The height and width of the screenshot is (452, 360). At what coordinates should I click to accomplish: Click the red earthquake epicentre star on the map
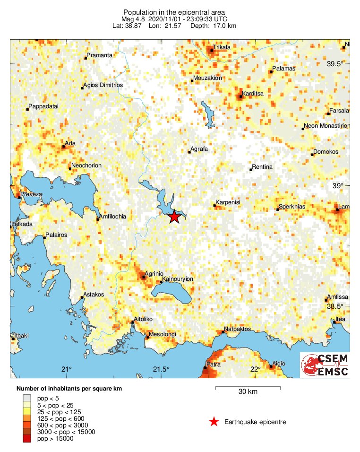(174, 217)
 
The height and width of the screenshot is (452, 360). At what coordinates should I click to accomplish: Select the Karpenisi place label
(228, 202)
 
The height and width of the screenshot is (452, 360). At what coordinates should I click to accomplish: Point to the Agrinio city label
(154, 273)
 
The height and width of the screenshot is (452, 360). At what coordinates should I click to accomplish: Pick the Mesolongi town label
(162, 334)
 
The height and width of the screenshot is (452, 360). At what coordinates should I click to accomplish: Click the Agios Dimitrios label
(103, 86)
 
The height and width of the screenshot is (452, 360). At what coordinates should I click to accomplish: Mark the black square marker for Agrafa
(189, 152)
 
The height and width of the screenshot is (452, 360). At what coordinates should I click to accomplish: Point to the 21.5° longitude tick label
(161, 369)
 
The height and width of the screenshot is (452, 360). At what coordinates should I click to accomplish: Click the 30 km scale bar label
(248, 392)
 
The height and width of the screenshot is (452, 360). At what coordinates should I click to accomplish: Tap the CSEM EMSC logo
(325, 365)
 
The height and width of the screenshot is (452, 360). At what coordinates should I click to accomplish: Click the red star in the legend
(214, 422)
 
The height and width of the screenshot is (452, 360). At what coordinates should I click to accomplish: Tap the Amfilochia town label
(112, 217)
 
